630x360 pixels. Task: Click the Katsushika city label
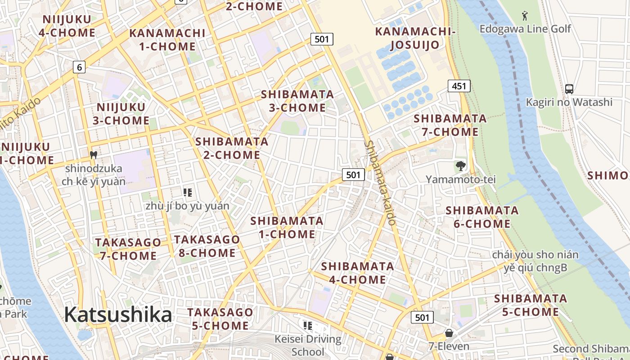click(118, 315)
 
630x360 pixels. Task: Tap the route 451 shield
click(459, 85)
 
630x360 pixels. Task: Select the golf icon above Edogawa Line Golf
click(525, 16)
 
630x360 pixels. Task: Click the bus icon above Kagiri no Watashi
click(569, 89)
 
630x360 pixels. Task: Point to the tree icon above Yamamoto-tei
click(460, 166)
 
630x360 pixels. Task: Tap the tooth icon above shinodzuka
click(94, 155)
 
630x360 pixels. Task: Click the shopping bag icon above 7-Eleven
click(449, 333)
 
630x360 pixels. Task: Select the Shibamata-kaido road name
click(381, 183)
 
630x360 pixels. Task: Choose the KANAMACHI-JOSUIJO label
click(415, 38)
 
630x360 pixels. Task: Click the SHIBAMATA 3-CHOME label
click(297, 101)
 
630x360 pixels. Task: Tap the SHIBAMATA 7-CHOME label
click(450, 125)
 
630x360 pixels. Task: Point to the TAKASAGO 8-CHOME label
click(207, 246)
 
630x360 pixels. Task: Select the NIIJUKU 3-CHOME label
click(121, 114)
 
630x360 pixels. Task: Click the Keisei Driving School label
click(308, 345)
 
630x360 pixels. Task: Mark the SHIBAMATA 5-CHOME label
click(531, 305)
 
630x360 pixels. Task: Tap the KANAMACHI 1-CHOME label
click(167, 40)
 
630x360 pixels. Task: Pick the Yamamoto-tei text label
click(461, 180)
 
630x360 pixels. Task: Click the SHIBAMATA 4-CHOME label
click(358, 273)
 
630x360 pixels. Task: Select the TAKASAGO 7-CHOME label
click(128, 249)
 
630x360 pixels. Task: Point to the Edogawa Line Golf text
click(525, 29)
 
